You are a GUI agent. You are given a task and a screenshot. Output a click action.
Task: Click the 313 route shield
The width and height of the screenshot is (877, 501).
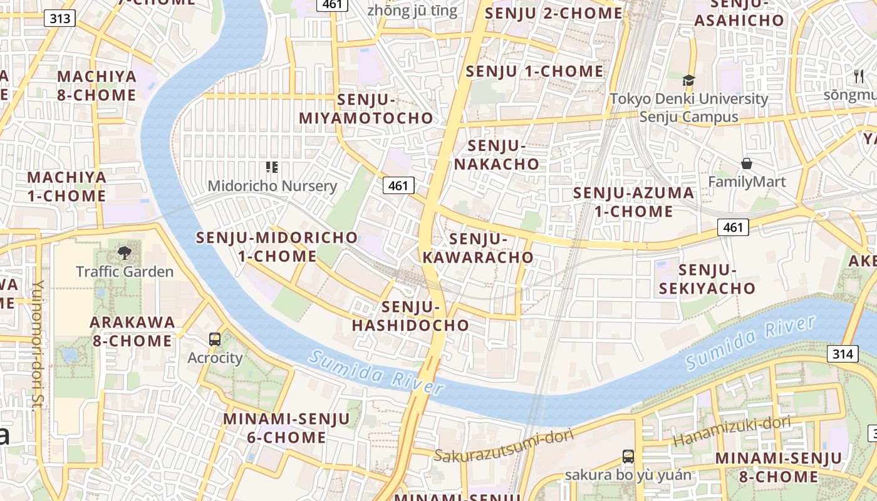(60, 19)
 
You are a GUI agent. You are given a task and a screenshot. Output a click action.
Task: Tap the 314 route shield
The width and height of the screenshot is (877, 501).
(843, 354)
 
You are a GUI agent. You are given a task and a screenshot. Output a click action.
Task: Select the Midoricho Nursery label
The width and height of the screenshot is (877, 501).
(272, 186)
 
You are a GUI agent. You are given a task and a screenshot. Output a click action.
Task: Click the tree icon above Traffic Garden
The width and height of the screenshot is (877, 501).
(124, 253)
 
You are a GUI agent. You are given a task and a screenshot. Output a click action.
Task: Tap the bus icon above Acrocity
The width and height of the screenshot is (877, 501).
(215, 339)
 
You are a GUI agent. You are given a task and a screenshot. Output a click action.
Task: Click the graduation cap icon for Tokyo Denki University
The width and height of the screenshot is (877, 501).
(688, 80)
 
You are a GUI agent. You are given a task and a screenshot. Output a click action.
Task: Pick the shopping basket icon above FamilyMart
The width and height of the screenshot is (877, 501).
(747, 164)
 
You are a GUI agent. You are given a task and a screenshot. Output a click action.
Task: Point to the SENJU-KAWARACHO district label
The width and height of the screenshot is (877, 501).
(478, 248)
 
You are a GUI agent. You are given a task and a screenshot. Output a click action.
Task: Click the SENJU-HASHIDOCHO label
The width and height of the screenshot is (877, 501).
(410, 316)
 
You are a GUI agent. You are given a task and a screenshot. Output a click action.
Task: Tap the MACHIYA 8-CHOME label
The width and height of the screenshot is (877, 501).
(96, 86)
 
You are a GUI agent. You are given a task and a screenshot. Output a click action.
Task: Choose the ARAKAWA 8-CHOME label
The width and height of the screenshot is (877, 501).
(132, 331)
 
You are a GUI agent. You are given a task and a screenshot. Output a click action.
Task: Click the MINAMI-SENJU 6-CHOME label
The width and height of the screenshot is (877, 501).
(286, 428)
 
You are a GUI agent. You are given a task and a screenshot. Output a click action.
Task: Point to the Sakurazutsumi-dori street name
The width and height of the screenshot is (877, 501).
(504, 447)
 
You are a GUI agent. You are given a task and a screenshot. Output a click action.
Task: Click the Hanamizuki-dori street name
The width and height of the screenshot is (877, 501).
(732, 431)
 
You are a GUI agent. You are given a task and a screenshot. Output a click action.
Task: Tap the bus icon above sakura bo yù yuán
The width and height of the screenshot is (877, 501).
(628, 456)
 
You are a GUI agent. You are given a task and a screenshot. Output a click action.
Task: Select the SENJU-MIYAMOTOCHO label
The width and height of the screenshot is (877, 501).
(366, 109)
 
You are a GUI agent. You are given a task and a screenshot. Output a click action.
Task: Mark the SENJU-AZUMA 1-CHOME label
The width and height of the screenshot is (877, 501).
(633, 202)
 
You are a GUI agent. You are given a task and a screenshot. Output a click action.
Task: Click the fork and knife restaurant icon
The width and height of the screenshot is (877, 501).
(858, 76)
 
